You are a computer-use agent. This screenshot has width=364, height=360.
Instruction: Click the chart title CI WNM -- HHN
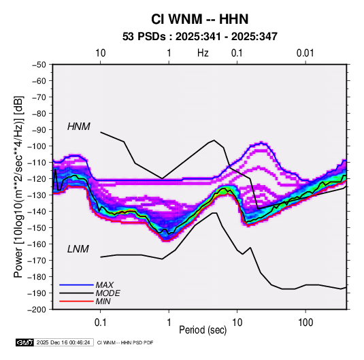point(199,19)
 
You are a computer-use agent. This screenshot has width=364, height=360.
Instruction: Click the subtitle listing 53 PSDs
point(200,37)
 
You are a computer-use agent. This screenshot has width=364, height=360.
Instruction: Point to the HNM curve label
point(79,127)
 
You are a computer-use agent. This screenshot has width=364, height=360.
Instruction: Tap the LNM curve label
point(78,249)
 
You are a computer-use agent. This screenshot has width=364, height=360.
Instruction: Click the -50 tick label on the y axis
point(39,65)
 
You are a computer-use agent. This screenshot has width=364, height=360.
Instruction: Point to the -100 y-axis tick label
point(37,146)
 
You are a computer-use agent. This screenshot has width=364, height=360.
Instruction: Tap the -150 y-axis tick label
point(37,227)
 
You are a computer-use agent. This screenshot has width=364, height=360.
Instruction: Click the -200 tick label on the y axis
point(37,309)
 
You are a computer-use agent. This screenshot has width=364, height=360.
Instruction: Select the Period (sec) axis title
point(203,330)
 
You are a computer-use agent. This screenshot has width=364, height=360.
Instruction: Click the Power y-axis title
point(18,186)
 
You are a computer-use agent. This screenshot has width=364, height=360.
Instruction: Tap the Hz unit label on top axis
point(203,53)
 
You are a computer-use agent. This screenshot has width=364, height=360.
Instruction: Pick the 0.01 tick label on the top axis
point(305,53)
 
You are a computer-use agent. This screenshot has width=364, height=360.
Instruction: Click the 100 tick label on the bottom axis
point(305,323)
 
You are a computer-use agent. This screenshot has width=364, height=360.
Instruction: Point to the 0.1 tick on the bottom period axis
point(100,323)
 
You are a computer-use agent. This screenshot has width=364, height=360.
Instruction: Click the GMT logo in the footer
point(25,342)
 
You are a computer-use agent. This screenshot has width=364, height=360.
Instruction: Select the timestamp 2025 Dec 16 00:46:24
point(63,342)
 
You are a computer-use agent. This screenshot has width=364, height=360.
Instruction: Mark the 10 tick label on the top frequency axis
point(101,53)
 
